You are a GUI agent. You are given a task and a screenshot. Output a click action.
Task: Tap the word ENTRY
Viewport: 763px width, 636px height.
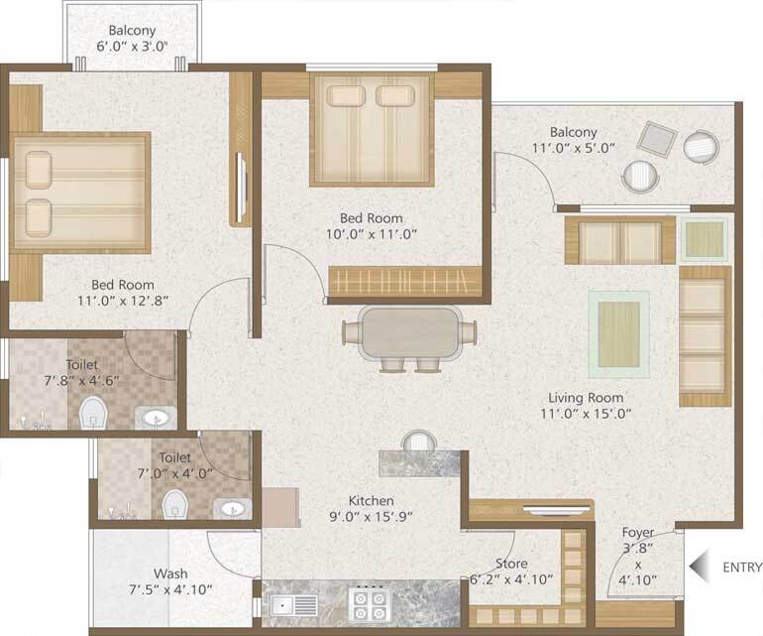click(x=742, y=569)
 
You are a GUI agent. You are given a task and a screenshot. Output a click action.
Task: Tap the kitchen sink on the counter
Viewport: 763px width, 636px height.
click(x=294, y=603)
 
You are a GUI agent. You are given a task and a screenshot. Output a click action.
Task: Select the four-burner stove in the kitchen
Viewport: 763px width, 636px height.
click(x=373, y=602)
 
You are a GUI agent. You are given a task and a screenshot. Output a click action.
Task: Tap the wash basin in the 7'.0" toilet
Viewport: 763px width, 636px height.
click(x=233, y=508)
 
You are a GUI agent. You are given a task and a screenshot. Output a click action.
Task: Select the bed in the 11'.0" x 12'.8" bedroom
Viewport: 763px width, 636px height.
click(x=81, y=192)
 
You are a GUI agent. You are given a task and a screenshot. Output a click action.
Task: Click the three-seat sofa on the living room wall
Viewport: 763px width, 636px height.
click(x=704, y=335)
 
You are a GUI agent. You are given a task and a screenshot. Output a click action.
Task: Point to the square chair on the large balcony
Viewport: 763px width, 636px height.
click(x=656, y=139)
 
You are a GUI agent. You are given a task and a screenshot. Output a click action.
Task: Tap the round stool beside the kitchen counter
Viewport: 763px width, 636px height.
click(x=419, y=441)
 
